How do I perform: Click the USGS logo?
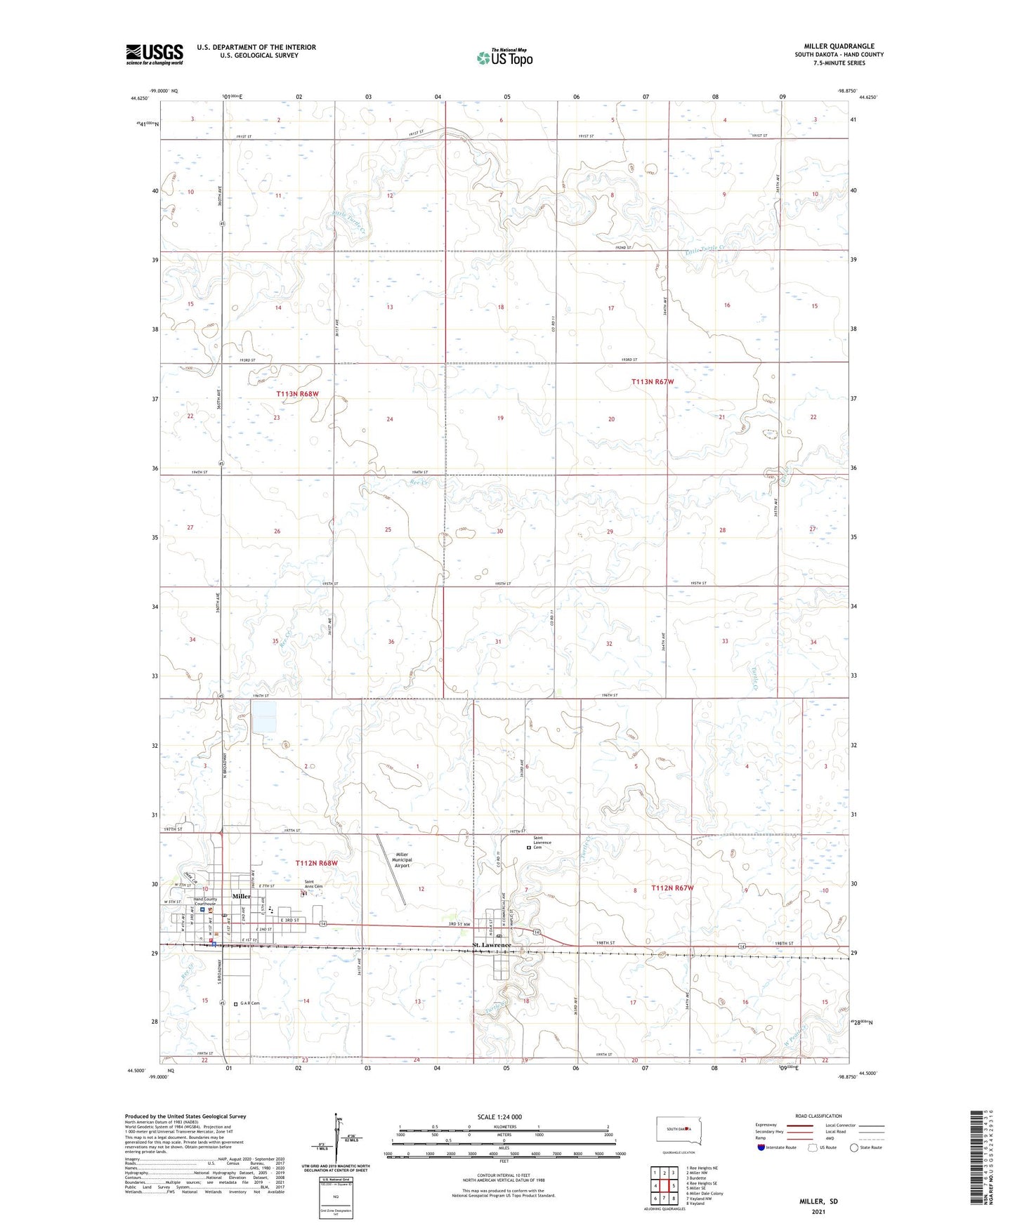tap(155, 54)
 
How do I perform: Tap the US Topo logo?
tap(504, 58)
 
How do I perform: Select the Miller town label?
tap(241, 897)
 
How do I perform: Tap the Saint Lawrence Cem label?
tap(542, 842)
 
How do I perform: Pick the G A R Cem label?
tap(249, 1003)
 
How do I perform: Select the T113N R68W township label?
tap(297, 395)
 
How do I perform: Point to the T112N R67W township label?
tap(672, 888)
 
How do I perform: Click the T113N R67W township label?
tap(653, 381)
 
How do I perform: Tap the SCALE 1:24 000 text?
tap(499, 1116)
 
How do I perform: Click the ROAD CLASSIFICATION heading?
tap(818, 1116)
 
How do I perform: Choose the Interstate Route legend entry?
tap(776, 1147)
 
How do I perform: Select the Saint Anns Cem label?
tap(313, 885)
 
